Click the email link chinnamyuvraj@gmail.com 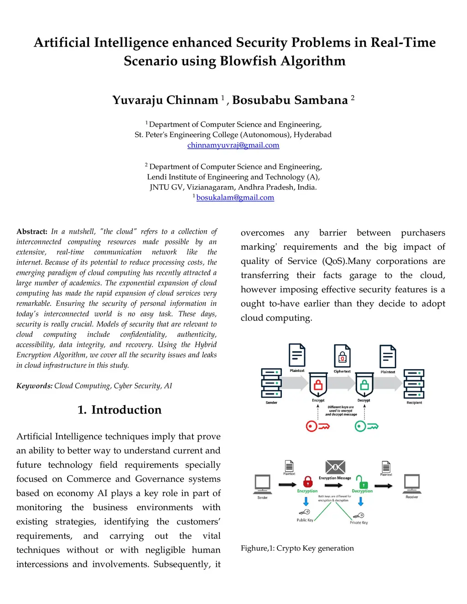233,145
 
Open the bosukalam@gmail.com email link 235,197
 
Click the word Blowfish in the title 248,61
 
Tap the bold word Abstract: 32,232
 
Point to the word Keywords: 34,386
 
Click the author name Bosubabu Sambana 290,100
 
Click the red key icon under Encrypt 317,426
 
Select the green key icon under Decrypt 366,426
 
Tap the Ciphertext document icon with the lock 342,356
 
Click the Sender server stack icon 271,383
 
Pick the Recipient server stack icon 414,383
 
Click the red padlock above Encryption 308,481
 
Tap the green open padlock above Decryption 362,481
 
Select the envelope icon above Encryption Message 335,467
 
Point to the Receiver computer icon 412,483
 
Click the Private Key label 359,522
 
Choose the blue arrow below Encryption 306,501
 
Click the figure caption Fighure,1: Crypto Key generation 297,548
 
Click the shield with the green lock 364,385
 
